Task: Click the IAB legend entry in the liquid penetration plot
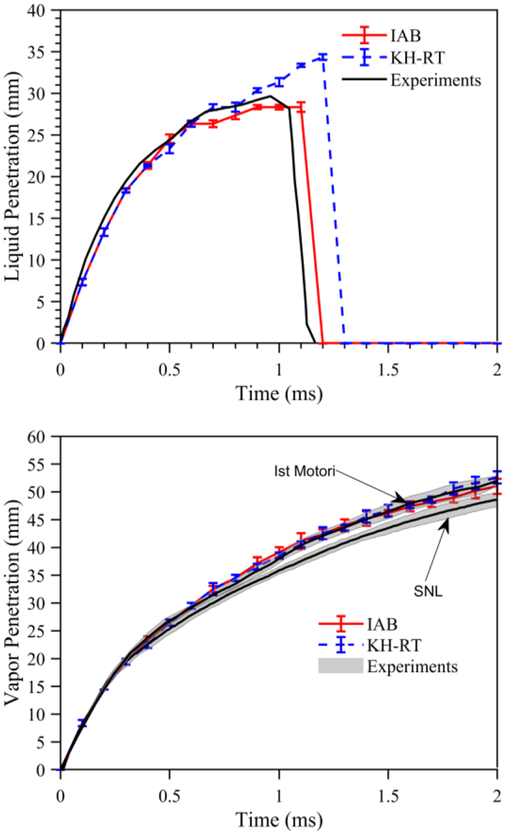(381, 36)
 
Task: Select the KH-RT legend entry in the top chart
(394, 58)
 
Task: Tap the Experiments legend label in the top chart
(435, 80)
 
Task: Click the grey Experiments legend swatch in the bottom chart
(341, 666)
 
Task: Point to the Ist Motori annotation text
(305, 471)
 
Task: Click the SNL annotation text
(428, 591)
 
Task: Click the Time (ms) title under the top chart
(279, 394)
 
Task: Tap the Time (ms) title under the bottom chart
(279, 820)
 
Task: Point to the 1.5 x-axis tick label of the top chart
(389, 370)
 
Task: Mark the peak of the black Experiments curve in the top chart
(270, 96)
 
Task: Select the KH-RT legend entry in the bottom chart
(370, 645)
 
